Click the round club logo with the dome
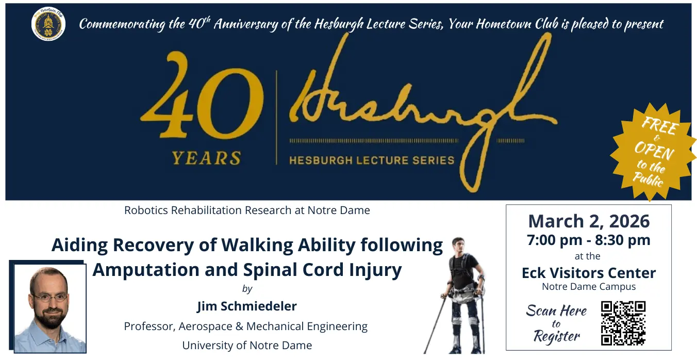click(48, 24)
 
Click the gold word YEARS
click(206, 158)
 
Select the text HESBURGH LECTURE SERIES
click(372, 160)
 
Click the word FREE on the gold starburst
click(660, 125)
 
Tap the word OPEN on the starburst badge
click(654, 150)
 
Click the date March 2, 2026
click(589, 221)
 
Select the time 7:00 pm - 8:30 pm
click(589, 240)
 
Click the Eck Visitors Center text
click(589, 273)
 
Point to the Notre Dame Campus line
click(589, 287)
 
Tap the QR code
click(623, 323)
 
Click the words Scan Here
click(556, 310)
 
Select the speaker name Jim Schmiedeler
click(247, 306)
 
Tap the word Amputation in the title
click(145, 270)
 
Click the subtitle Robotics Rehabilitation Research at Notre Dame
click(247, 210)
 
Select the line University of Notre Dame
click(247, 346)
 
